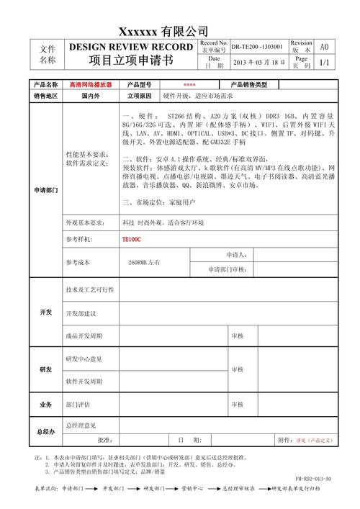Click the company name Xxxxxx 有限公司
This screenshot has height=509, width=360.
point(163,32)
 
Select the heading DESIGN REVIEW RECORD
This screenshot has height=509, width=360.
point(131,47)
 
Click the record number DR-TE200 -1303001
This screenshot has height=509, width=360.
point(257,47)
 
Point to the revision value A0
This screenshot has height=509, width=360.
point(323,47)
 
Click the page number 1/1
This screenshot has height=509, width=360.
point(323,63)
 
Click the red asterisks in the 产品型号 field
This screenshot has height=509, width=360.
point(189,85)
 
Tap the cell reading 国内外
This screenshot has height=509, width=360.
point(91,96)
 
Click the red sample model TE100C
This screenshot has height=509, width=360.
point(132,239)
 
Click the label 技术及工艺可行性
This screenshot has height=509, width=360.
point(90,289)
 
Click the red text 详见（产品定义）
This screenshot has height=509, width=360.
point(314,441)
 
